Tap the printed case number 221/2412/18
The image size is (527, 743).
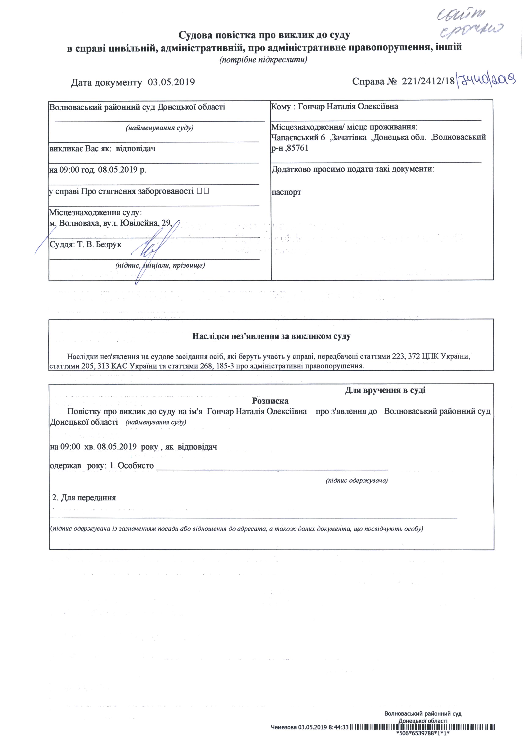point(428,81)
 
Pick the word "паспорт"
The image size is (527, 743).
point(286,192)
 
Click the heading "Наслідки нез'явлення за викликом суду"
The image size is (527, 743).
point(271,336)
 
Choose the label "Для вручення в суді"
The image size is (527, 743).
point(385,390)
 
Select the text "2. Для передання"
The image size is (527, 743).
point(84,498)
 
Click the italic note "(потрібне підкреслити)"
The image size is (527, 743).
point(263,60)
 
